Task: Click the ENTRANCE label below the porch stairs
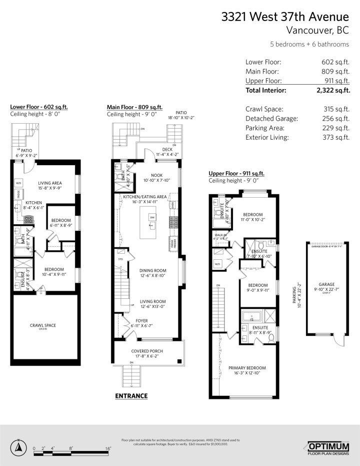coord(131,395)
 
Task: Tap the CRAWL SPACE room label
coord(42,325)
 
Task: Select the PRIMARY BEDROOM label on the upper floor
coord(247,368)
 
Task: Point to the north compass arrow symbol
coord(18,445)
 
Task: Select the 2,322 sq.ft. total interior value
coord(332,91)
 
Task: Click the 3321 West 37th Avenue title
coord(285,17)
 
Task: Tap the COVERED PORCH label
coord(147,351)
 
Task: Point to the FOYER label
coord(141,320)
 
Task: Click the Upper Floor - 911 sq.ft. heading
coord(236,174)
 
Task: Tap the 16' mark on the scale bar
coord(108,448)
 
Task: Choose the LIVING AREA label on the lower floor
coord(49,183)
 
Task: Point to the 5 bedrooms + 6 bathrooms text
coord(309,44)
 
